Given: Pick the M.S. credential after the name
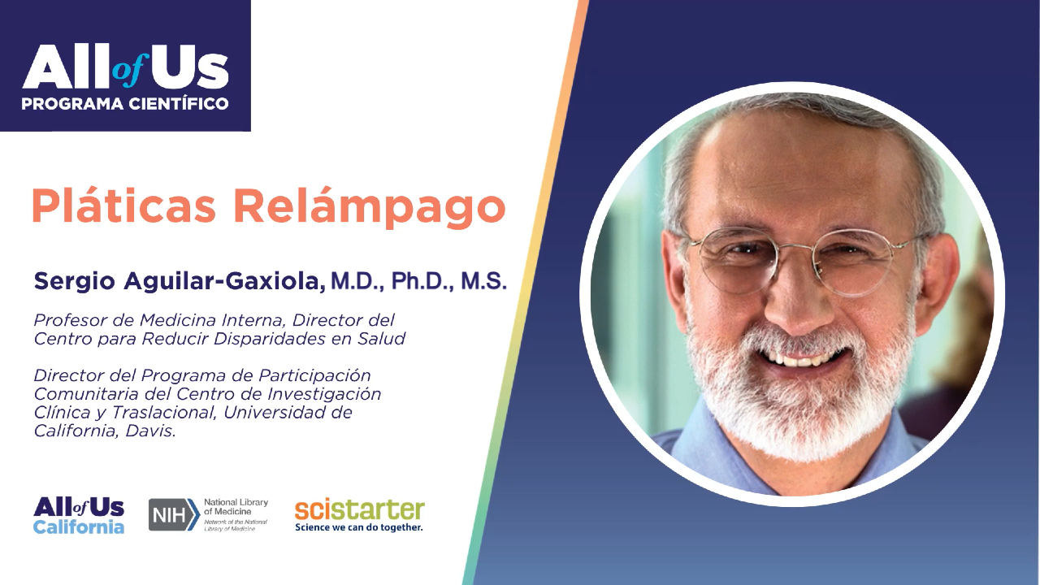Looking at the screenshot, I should [x=483, y=282].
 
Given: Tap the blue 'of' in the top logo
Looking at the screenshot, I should [x=128, y=74].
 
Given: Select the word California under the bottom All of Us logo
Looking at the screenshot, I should [x=79, y=527].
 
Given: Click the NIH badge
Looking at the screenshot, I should [x=174, y=515].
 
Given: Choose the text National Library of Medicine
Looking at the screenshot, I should [x=236, y=507].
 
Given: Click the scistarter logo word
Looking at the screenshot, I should [x=359, y=509].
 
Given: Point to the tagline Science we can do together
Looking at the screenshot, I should [x=358, y=527].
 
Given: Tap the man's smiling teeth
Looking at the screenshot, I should [x=808, y=358].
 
